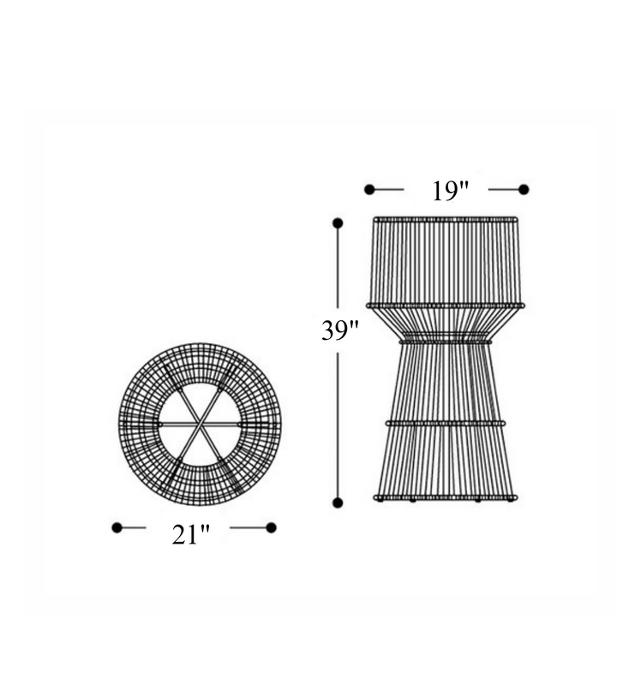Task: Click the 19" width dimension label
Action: coord(451,191)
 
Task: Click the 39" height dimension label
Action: coord(340,330)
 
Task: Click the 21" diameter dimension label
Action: coord(190,534)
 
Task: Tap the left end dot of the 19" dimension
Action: coord(369,189)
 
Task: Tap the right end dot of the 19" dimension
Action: coord(524,189)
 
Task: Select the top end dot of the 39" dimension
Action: coord(338,223)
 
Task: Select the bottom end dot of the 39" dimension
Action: coord(338,503)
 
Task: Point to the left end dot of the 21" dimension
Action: coord(117,527)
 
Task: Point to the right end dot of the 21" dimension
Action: coord(271,527)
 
